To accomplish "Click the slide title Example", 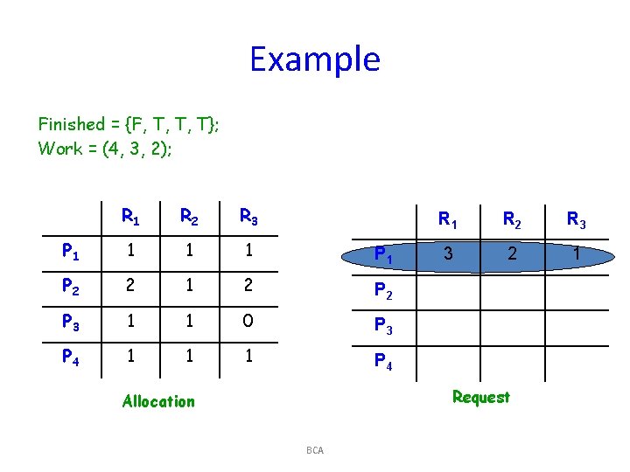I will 315,59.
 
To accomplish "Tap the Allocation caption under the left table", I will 158,401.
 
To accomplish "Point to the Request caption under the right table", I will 480,397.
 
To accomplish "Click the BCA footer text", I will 315,450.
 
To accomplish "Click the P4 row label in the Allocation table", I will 71,357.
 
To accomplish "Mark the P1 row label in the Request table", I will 383,255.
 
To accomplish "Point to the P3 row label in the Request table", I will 383,325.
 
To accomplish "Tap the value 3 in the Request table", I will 447,254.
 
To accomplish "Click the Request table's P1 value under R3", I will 576,254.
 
